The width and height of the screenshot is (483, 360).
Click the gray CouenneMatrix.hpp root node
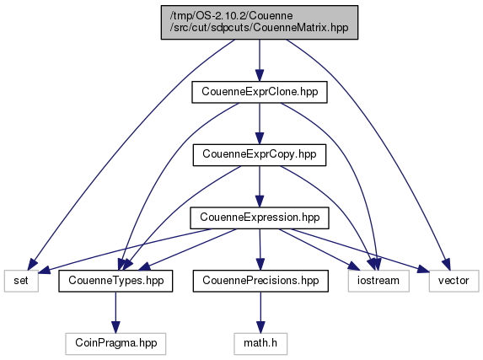[260, 22]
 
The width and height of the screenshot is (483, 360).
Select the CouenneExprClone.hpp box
[260, 92]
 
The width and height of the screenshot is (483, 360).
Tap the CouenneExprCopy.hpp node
[260, 155]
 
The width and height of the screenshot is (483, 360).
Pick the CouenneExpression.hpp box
[260, 218]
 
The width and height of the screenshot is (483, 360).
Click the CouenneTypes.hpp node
[115, 281]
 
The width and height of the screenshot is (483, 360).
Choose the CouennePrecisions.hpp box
[260, 281]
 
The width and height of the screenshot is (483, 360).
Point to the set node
[21, 281]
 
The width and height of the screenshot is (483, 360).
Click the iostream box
[378, 281]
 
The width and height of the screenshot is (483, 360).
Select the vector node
[453, 281]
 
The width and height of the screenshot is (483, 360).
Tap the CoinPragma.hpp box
[115, 344]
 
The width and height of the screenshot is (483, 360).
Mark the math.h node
[260, 344]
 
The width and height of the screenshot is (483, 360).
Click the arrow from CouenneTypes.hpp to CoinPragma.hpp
[115, 312]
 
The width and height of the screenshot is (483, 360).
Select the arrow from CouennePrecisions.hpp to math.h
[260, 312]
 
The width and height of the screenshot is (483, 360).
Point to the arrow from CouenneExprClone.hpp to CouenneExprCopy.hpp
[260, 123]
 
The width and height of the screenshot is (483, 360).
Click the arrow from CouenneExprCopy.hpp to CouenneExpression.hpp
[260, 186]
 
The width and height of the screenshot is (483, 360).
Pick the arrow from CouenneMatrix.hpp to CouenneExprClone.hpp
[260, 61]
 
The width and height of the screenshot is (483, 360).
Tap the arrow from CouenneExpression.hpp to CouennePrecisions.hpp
[260, 250]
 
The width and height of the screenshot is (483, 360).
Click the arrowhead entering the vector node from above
[447, 266]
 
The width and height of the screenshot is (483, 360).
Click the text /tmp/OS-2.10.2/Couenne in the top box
[231, 16]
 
